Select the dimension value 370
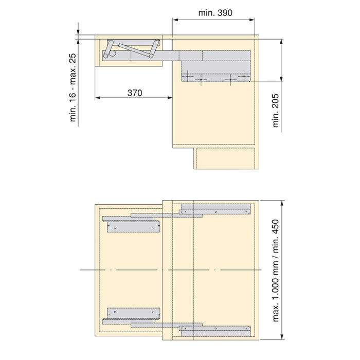point(134,93)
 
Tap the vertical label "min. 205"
point(276,111)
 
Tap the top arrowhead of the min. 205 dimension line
point(281,41)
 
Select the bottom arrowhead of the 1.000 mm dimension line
point(281,337)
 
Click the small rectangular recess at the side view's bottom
point(226,158)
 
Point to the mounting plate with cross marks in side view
point(216,77)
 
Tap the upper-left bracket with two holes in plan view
point(131,225)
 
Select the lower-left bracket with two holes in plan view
point(131,312)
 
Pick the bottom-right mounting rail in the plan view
point(216,329)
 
